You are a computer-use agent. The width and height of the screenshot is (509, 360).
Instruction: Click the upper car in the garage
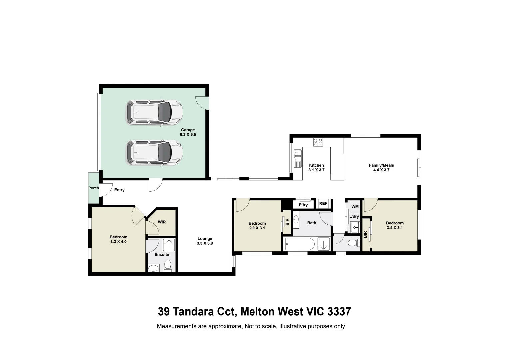tap(154, 113)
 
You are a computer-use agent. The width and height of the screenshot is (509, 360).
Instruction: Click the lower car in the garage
tap(154, 152)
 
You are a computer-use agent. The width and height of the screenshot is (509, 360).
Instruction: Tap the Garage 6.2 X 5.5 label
tap(188, 132)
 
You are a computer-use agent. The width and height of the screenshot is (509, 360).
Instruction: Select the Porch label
tap(93, 188)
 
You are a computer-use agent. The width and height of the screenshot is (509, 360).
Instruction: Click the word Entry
tap(119, 190)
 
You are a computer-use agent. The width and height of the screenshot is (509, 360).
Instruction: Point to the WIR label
tap(162, 222)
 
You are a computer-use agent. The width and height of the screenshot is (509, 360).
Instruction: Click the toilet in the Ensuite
tap(168, 266)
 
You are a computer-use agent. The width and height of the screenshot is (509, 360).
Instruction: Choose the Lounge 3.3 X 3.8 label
tap(205, 241)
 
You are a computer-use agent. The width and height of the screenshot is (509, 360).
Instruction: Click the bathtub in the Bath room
tap(300, 245)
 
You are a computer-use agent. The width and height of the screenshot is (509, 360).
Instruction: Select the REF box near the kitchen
tap(323, 203)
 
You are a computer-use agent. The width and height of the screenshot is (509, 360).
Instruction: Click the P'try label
tap(303, 205)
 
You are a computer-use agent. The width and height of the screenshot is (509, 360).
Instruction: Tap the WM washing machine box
tap(355, 207)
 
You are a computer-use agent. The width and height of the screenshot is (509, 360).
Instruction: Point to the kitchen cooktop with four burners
tap(318, 142)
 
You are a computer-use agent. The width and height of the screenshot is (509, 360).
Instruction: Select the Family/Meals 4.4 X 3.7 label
tap(381, 167)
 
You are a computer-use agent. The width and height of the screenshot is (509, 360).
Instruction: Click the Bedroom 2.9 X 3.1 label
tap(257, 226)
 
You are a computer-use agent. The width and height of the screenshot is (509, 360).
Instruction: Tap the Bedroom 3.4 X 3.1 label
tap(395, 225)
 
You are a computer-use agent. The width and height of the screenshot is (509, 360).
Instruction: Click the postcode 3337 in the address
tap(339, 312)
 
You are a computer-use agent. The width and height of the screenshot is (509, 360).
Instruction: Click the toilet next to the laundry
tap(352, 243)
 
